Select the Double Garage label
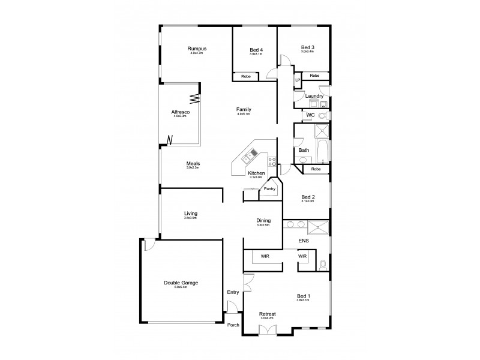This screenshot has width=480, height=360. [x=181, y=283]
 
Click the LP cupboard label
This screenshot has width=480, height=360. [x=297, y=80]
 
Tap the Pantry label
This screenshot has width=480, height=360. [x=269, y=188]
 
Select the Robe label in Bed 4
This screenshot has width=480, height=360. [x=245, y=77]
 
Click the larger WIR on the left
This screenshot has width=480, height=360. [x=265, y=256]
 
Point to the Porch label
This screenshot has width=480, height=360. [x=233, y=325]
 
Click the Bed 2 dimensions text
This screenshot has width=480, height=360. [x=308, y=201]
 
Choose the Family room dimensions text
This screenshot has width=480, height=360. [x=244, y=114]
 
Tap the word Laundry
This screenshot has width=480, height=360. [x=314, y=96]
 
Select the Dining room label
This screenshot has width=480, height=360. [x=264, y=220]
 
